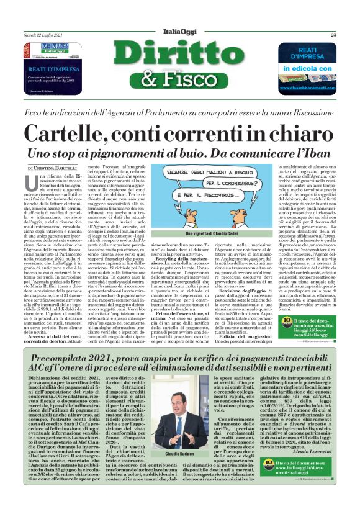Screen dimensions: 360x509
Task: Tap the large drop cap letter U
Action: click(33, 183)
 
